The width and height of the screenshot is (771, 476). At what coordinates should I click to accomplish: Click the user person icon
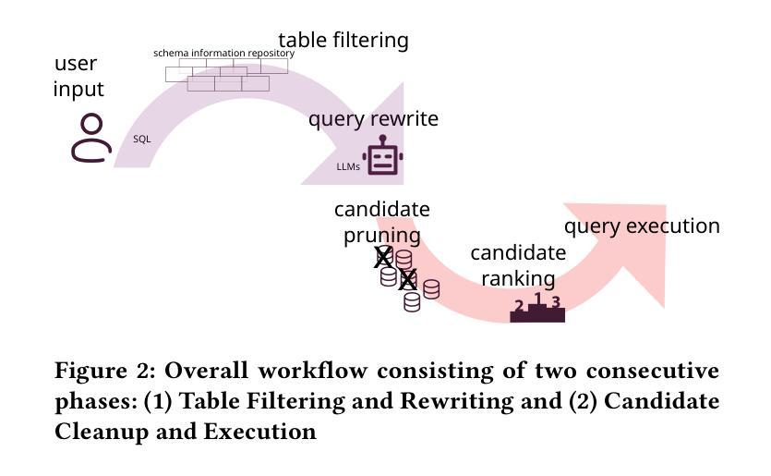tap(90, 139)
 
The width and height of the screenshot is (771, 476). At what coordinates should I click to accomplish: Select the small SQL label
tap(141, 140)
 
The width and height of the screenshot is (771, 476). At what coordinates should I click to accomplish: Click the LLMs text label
tap(348, 167)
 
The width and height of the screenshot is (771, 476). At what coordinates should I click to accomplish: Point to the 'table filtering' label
tap(343, 41)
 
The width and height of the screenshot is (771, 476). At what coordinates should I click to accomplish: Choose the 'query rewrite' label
tap(373, 119)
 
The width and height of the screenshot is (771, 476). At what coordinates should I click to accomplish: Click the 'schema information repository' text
tap(223, 54)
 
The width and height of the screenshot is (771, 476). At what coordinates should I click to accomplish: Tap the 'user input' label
tap(78, 77)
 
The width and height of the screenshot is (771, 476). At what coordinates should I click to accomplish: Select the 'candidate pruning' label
tap(381, 222)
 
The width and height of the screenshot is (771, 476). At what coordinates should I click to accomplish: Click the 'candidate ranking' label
tap(518, 265)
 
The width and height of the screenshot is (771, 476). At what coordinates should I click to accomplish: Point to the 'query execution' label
tap(642, 226)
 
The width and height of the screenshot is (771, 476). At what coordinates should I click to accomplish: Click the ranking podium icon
tap(537, 310)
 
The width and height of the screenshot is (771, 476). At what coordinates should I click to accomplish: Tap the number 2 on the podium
tap(519, 306)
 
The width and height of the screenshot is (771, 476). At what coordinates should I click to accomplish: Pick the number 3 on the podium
tap(556, 301)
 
